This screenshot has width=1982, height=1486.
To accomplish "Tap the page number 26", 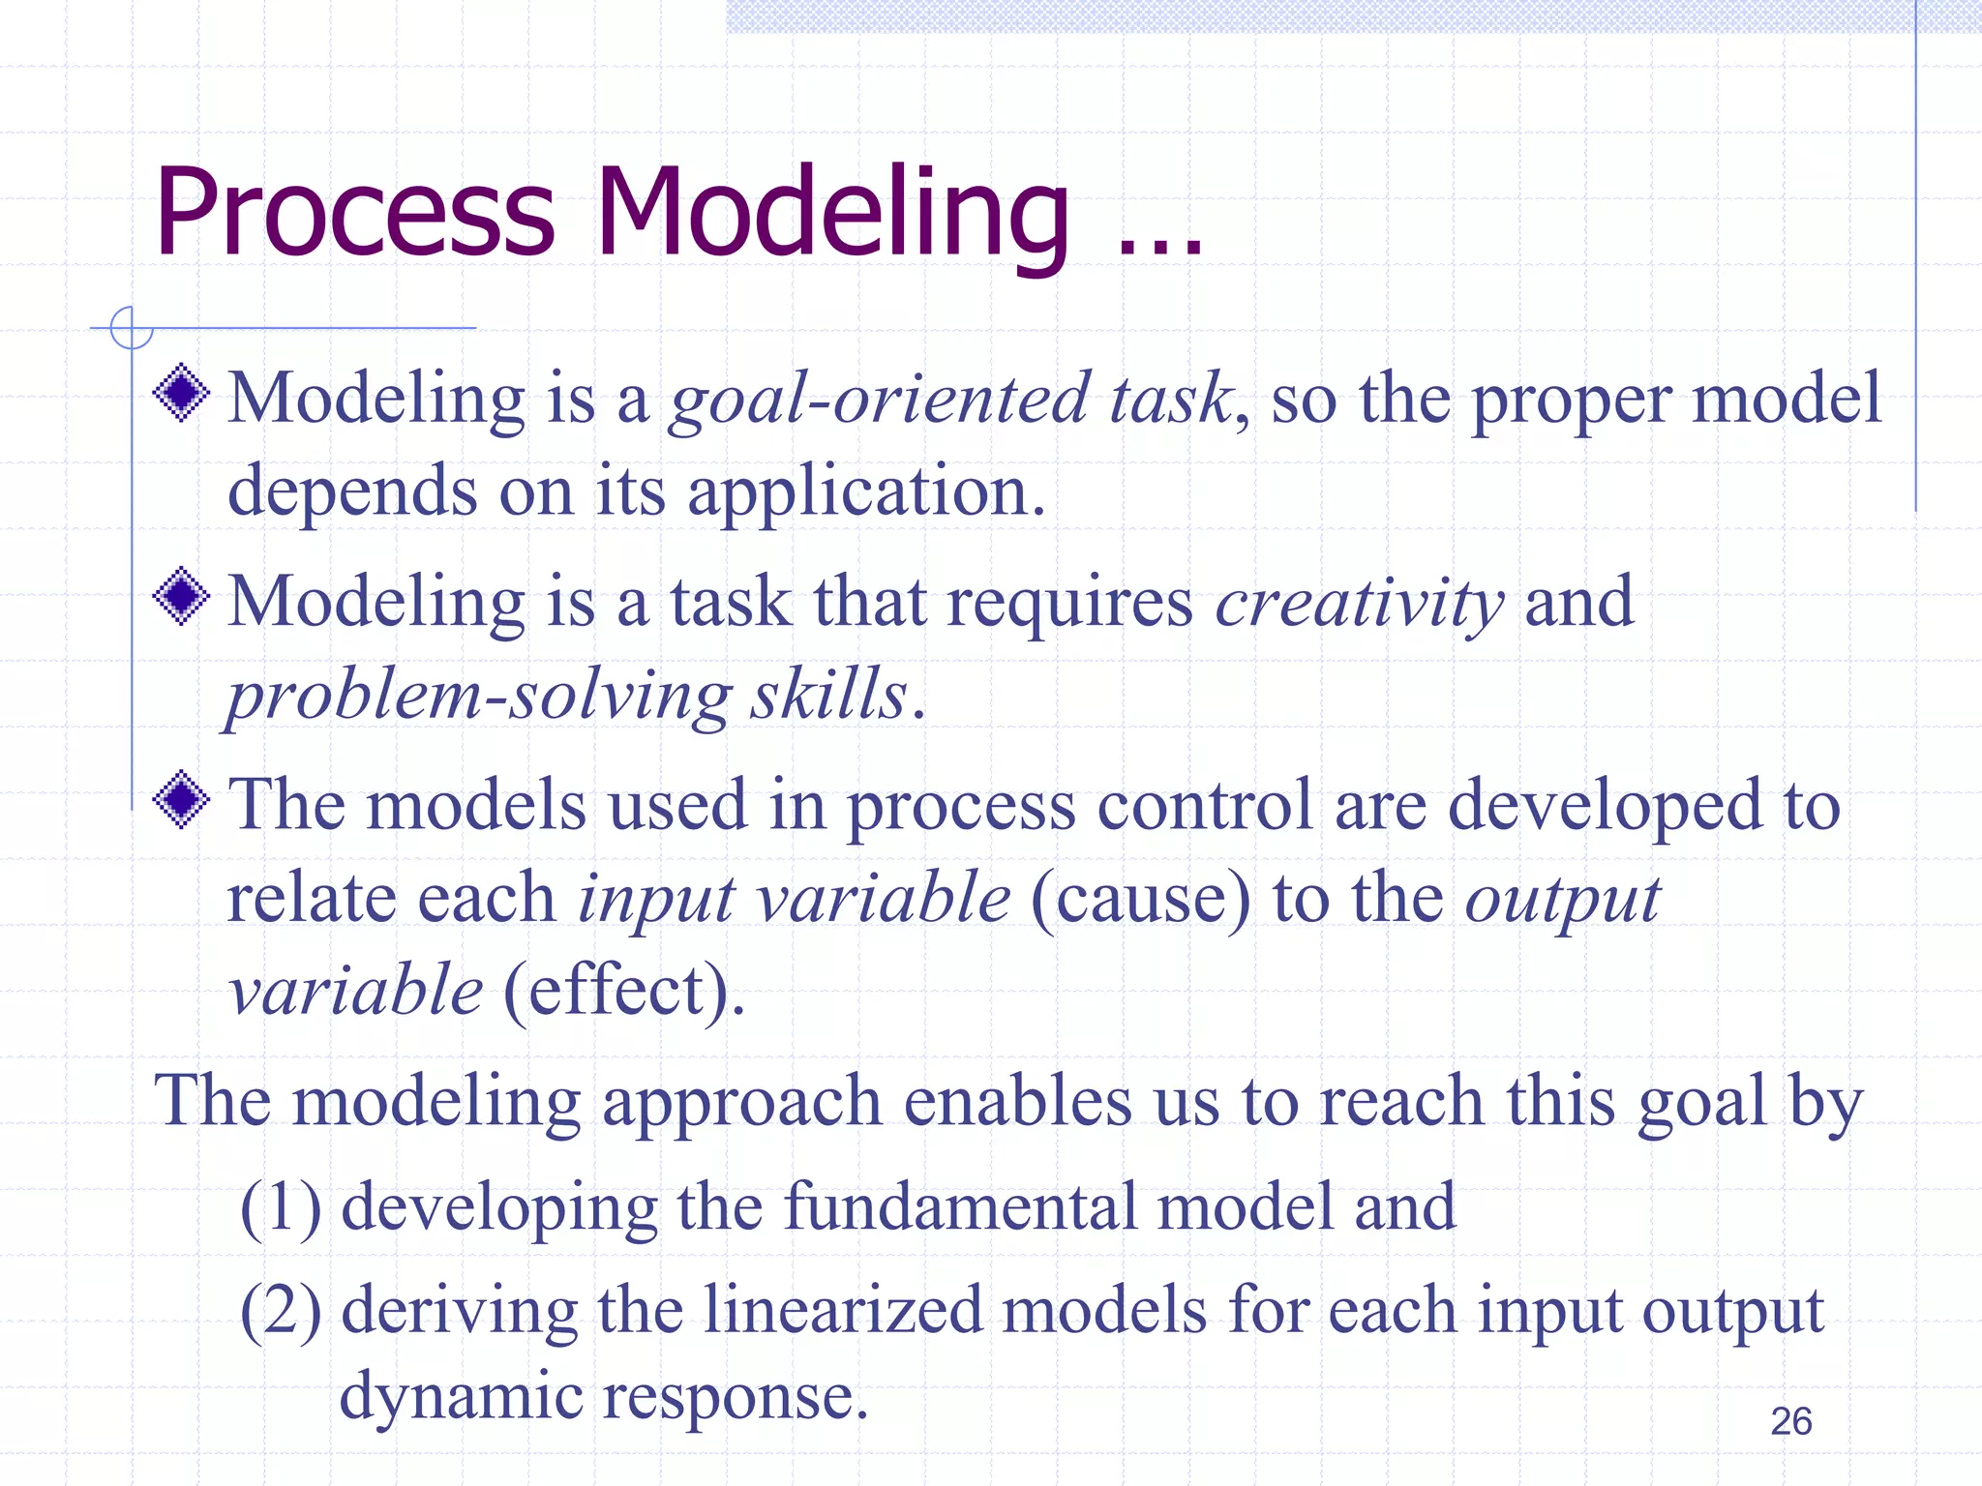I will click(1790, 1421).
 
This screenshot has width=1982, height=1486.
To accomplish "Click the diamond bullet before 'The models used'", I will click(181, 800).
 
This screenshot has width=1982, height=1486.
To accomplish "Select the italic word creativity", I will click(1359, 603).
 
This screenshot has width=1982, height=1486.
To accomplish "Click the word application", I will click(866, 491).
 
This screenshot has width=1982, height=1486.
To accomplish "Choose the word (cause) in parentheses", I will click(1140, 898).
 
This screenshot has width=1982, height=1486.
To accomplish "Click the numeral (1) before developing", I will click(281, 1207).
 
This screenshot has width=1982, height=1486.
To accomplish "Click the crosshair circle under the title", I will click(132, 327).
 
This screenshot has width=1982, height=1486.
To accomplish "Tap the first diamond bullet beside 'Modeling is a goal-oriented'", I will click(181, 393).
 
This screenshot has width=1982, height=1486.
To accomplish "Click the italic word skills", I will click(828, 695).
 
